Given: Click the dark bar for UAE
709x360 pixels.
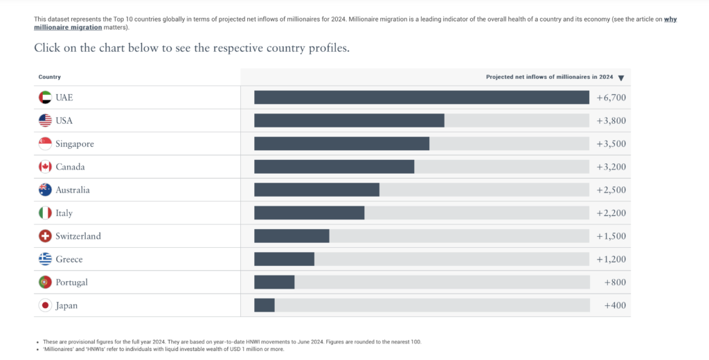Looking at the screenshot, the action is (x=422, y=97).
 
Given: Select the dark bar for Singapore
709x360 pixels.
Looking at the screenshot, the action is (x=342, y=143).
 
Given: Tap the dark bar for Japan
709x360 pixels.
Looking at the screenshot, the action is (x=264, y=305).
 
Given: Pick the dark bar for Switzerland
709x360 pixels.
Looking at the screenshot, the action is (x=291, y=236).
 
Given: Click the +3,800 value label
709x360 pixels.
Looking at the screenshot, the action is (x=611, y=120).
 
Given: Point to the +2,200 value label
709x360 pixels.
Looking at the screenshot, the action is (x=611, y=213).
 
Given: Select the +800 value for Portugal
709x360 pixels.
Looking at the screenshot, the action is (x=616, y=282).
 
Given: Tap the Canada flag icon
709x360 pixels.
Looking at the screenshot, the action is (x=45, y=167).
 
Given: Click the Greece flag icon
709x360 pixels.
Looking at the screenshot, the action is (x=45, y=259).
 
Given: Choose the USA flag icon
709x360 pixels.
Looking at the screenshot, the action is (x=45, y=120).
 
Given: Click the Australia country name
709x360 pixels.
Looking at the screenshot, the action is (x=73, y=190).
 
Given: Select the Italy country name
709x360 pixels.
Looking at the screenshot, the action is (x=64, y=213).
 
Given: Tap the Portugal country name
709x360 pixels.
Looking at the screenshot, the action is (x=71, y=282).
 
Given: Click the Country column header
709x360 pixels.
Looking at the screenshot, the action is (x=50, y=77).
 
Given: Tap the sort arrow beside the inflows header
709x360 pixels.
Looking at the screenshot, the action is (x=621, y=78).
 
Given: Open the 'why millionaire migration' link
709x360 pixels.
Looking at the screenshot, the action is (x=355, y=24).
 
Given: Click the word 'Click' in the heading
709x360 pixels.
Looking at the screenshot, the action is (x=47, y=48).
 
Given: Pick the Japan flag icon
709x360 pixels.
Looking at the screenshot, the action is (x=45, y=305).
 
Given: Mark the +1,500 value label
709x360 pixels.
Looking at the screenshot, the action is (x=611, y=236).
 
